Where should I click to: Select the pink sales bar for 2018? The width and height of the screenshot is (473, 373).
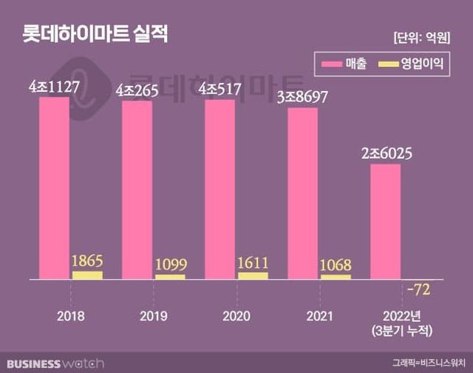[x=55, y=188]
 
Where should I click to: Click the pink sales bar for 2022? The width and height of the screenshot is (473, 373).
[x=385, y=222]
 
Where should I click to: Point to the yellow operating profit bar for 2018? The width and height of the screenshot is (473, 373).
[x=87, y=275]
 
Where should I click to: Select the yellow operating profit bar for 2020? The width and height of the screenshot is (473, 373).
[x=253, y=276]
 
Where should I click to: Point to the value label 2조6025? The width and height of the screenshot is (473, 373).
[x=386, y=154]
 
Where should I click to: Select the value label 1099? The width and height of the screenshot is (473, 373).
[x=170, y=265]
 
